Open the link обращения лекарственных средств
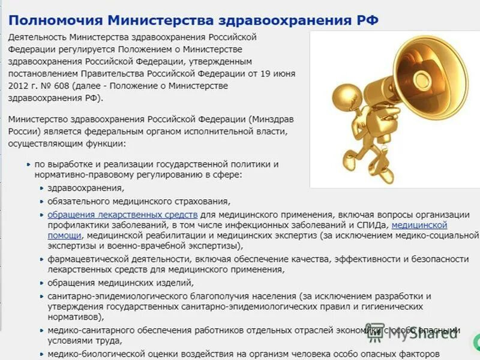[x=122, y=214]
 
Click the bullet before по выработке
[x=29, y=164]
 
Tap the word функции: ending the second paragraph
[x=106, y=144]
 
